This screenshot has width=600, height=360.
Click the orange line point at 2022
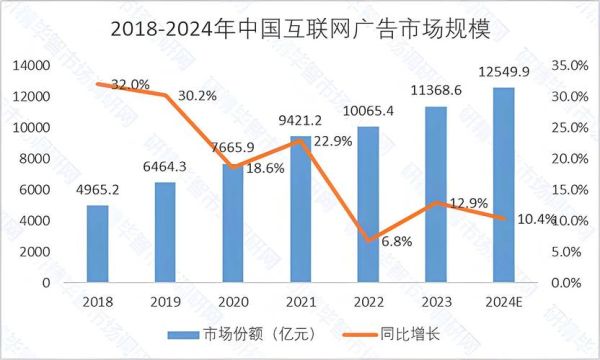(x=367, y=240)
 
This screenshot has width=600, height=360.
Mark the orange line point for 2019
(x=164, y=95)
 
